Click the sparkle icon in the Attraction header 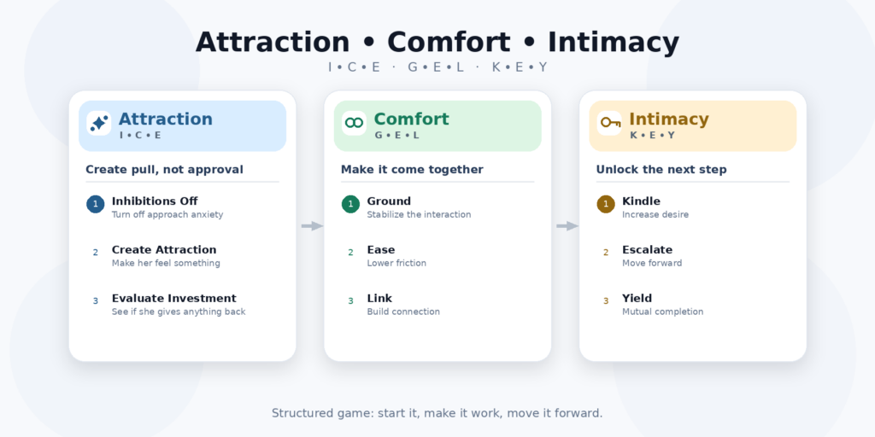pos(99,123)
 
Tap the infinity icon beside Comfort pos(354,123)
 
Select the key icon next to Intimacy pos(610,122)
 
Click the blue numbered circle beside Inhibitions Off pos(96,204)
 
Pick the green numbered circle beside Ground pos(350,204)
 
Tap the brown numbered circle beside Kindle pos(606,204)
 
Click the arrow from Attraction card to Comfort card pos(312,225)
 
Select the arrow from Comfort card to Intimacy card pos(567,225)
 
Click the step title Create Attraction pos(164,250)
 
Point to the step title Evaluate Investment pos(174,298)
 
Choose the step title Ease pos(380,250)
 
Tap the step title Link pos(379,298)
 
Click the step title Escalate pos(648,250)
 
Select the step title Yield pos(637,298)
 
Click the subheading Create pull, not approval pos(165,170)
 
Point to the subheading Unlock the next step pos(661,170)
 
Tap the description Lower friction pos(396,263)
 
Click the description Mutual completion pos(663,312)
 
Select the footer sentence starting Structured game pos(437,414)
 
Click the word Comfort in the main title pos(449,43)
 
